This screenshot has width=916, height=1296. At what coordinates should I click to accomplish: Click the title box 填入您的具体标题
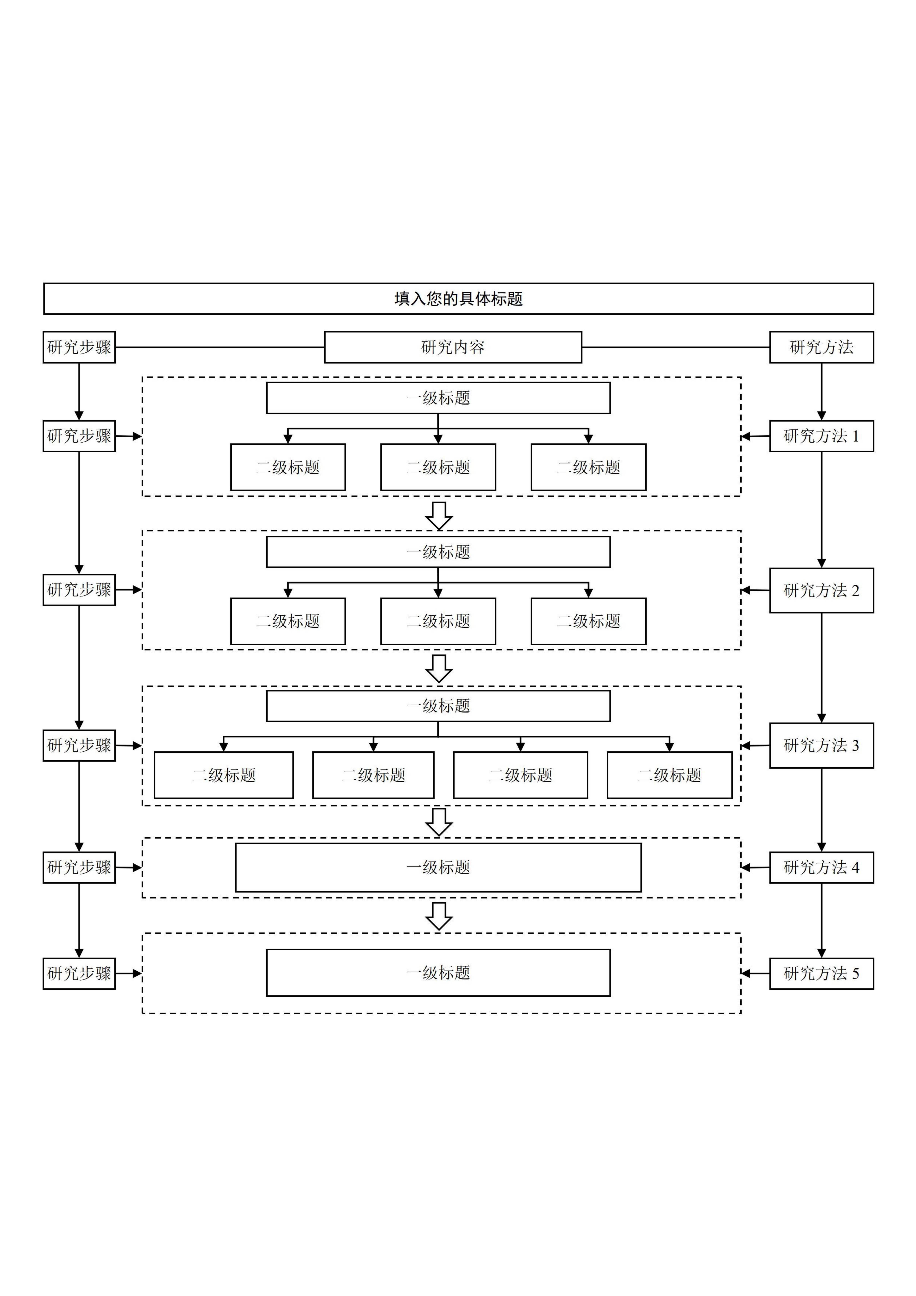click(x=458, y=299)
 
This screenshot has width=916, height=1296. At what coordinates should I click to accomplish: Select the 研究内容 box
click(x=453, y=347)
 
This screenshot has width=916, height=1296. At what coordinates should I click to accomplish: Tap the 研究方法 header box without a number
click(x=821, y=347)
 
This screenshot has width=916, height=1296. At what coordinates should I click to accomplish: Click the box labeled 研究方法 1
click(x=821, y=436)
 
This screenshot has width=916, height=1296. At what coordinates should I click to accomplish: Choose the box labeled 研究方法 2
click(x=821, y=590)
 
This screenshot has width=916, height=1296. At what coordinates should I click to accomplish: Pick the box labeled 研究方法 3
click(x=821, y=745)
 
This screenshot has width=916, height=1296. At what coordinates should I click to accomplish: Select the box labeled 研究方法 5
click(x=821, y=973)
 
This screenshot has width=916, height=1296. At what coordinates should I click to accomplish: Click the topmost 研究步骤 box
click(x=79, y=347)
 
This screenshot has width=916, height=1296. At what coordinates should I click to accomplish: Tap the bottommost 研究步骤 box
click(x=79, y=973)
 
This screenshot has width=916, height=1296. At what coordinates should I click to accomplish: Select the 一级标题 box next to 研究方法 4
click(x=438, y=868)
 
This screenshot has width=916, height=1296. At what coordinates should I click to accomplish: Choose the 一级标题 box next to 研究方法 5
click(x=438, y=973)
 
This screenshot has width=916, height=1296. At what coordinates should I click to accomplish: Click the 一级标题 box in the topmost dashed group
click(x=438, y=398)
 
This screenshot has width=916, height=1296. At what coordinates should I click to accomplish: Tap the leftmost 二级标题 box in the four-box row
click(x=224, y=775)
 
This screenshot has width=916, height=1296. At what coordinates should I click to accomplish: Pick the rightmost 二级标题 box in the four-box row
click(x=669, y=775)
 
